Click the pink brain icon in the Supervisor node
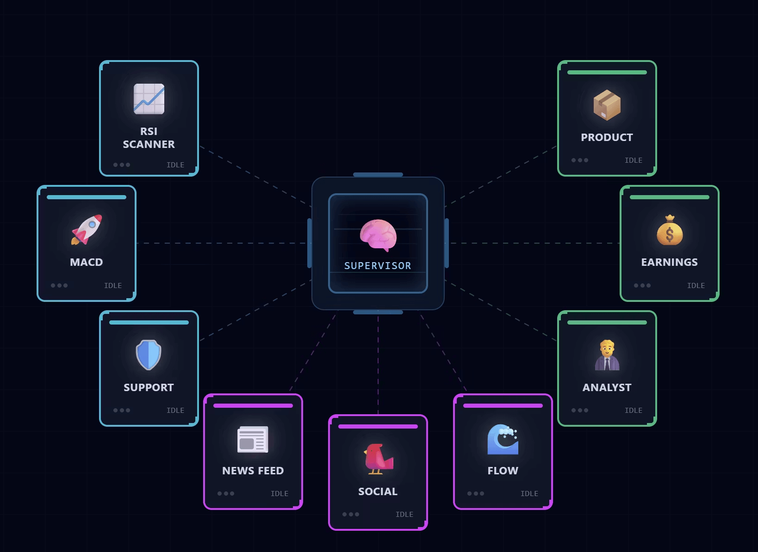[x=379, y=235]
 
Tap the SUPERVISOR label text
[x=378, y=266]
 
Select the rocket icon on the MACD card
[x=87, y=229]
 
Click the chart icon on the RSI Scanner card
[x=149, y=99]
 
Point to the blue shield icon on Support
[x=149, y=355]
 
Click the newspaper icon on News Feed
[x=253, y=439]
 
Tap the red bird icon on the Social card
[x=378, y=459]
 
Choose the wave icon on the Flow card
[x=503, y=439]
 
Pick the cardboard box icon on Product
[x=607, y=105]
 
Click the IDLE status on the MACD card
[x=113, y=286]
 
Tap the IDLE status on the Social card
[x=404, y=515]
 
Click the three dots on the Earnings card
[x=642, y=286]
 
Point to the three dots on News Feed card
[x=226, y=494]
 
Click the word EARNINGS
[x=669, y=262]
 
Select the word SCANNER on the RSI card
[x=149, y=144]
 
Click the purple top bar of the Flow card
[x=503, y=406]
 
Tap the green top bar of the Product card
[x=607, y=73]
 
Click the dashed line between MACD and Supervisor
[x=222, y=243]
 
